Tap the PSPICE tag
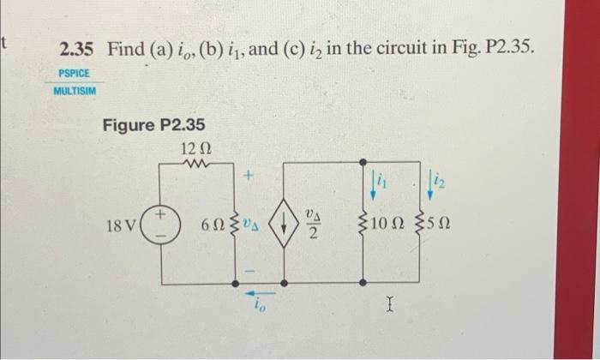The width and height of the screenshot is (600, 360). coord(74,74)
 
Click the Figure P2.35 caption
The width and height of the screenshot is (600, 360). coord(153,125)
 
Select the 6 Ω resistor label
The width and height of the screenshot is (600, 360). coord(211,227)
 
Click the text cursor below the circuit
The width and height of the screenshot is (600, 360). coord(390,303)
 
